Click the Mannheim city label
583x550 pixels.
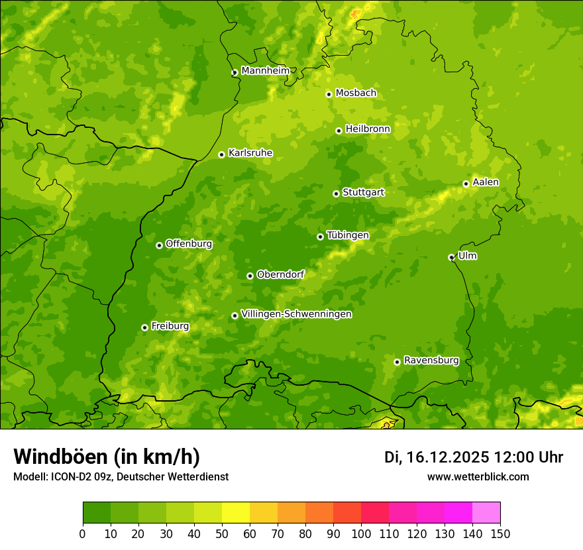(266, 71)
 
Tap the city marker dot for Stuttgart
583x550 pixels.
(336, 193)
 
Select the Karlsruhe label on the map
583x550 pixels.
(250, 153)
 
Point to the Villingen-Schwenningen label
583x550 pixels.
(296, 314)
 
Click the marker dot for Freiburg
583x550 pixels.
(144, 327)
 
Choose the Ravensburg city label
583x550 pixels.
(431, 360)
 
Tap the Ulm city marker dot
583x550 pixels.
(451, 257)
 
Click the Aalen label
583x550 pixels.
(486, 182)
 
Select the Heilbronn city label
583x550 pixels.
(368, 129)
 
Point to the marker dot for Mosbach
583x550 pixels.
(329, 94)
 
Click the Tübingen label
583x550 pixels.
(348, 235)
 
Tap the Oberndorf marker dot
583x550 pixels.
(250, 276)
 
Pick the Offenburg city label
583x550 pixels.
(189, 244)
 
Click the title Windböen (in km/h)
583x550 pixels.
(107, 457)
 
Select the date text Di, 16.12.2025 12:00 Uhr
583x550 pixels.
(474, 457)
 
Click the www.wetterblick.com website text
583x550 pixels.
(478, 476)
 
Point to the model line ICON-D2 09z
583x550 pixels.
(121, 476)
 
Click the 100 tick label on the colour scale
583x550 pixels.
(361, 533)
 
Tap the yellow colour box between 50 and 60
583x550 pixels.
(236, 513)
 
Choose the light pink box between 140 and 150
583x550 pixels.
(486, 513)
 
